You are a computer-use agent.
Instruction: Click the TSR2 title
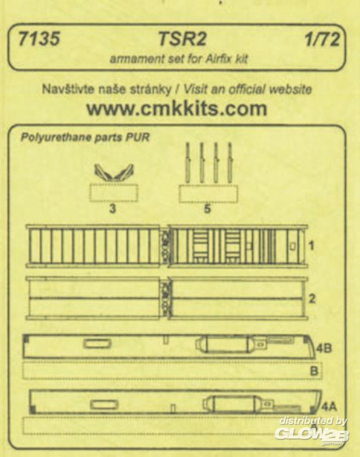tap(182, 39)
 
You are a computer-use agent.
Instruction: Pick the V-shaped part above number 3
tap(114, 172)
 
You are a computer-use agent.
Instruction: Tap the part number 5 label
tap(207, 209)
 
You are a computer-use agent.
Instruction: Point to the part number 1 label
tap(312, 246)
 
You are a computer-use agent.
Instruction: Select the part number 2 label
tap(312, 299)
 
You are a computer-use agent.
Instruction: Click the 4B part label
tap(323, 348)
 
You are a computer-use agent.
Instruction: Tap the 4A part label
tap(329, 406)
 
